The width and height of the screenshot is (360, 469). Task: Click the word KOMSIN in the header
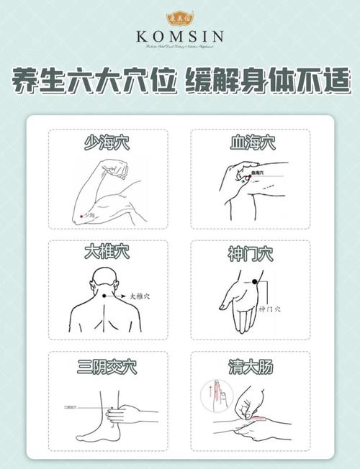tap(180, 37)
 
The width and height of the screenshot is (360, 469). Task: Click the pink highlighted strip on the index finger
tap(256, 415)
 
